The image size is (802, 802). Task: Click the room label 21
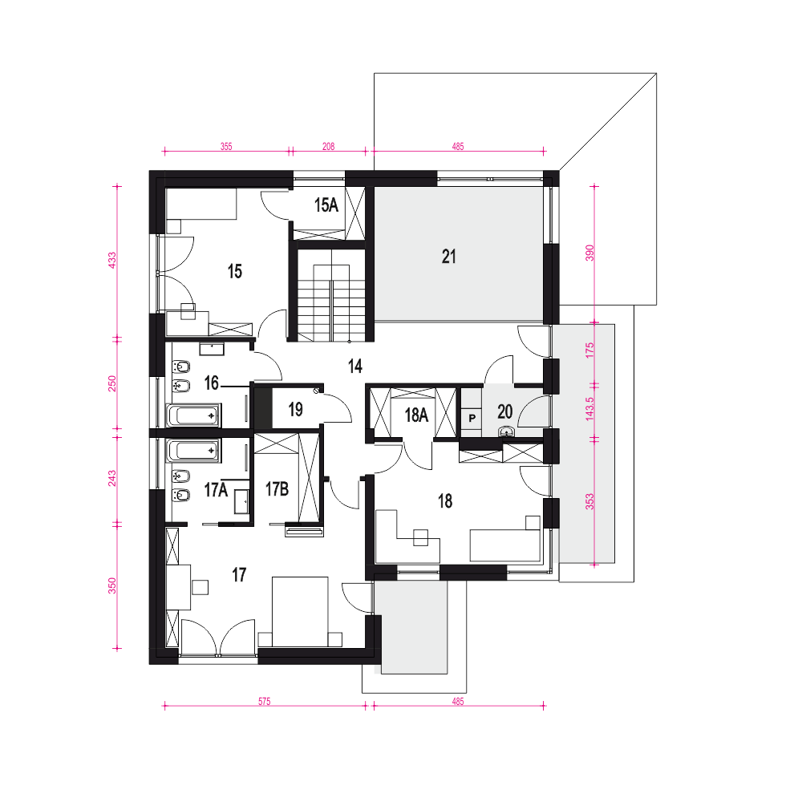448,257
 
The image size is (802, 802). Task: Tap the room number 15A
326,205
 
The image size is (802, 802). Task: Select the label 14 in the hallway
355,366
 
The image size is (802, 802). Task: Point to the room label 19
295,409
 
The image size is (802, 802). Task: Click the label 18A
416,415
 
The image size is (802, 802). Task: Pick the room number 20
504,411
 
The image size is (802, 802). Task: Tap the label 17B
277,489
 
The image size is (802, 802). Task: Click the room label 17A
216,489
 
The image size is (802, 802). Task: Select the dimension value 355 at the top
226,146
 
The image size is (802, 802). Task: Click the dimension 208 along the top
328,146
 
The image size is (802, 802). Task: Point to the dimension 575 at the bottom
265,701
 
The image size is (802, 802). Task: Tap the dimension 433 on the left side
112,260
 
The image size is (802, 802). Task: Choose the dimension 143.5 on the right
589,409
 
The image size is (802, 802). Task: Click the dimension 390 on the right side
589,253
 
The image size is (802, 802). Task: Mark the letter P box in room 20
472,418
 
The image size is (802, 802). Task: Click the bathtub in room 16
193,415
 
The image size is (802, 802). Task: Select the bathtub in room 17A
193,451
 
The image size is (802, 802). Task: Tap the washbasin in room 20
506,431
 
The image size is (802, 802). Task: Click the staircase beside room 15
331,296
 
